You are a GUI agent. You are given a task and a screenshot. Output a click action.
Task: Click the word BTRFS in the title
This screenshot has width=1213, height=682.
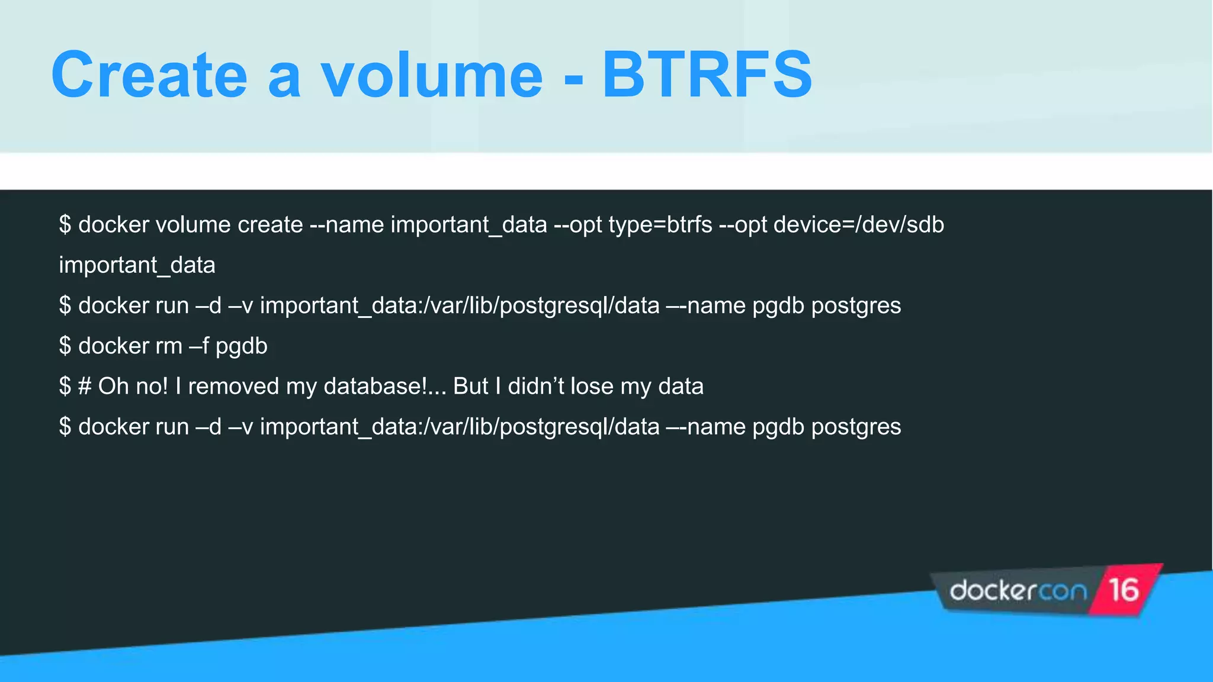[x=707, y=75]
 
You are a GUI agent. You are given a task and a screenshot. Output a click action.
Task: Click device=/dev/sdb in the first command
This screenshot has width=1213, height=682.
[x=858, y=225]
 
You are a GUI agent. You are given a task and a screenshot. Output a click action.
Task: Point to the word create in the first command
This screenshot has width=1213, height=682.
[x=270, y=225]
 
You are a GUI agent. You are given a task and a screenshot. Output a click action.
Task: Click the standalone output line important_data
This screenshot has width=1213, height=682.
[x=137, y=265]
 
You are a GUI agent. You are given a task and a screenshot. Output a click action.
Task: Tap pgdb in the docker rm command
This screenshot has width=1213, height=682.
[x=241, y=346]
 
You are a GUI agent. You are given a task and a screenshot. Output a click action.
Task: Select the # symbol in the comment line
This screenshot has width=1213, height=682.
[x=85, y=387]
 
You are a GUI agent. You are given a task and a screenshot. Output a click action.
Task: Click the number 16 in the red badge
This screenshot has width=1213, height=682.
[x=1124, y=590]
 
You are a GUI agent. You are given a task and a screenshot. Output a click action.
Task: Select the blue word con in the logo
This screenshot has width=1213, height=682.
[x=1063, y=591]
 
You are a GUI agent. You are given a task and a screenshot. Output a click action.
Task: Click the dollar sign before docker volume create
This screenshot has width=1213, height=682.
[x=65, y=225]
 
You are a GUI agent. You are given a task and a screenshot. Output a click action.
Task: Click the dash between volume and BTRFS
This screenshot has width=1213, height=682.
[x=573, y=78]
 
